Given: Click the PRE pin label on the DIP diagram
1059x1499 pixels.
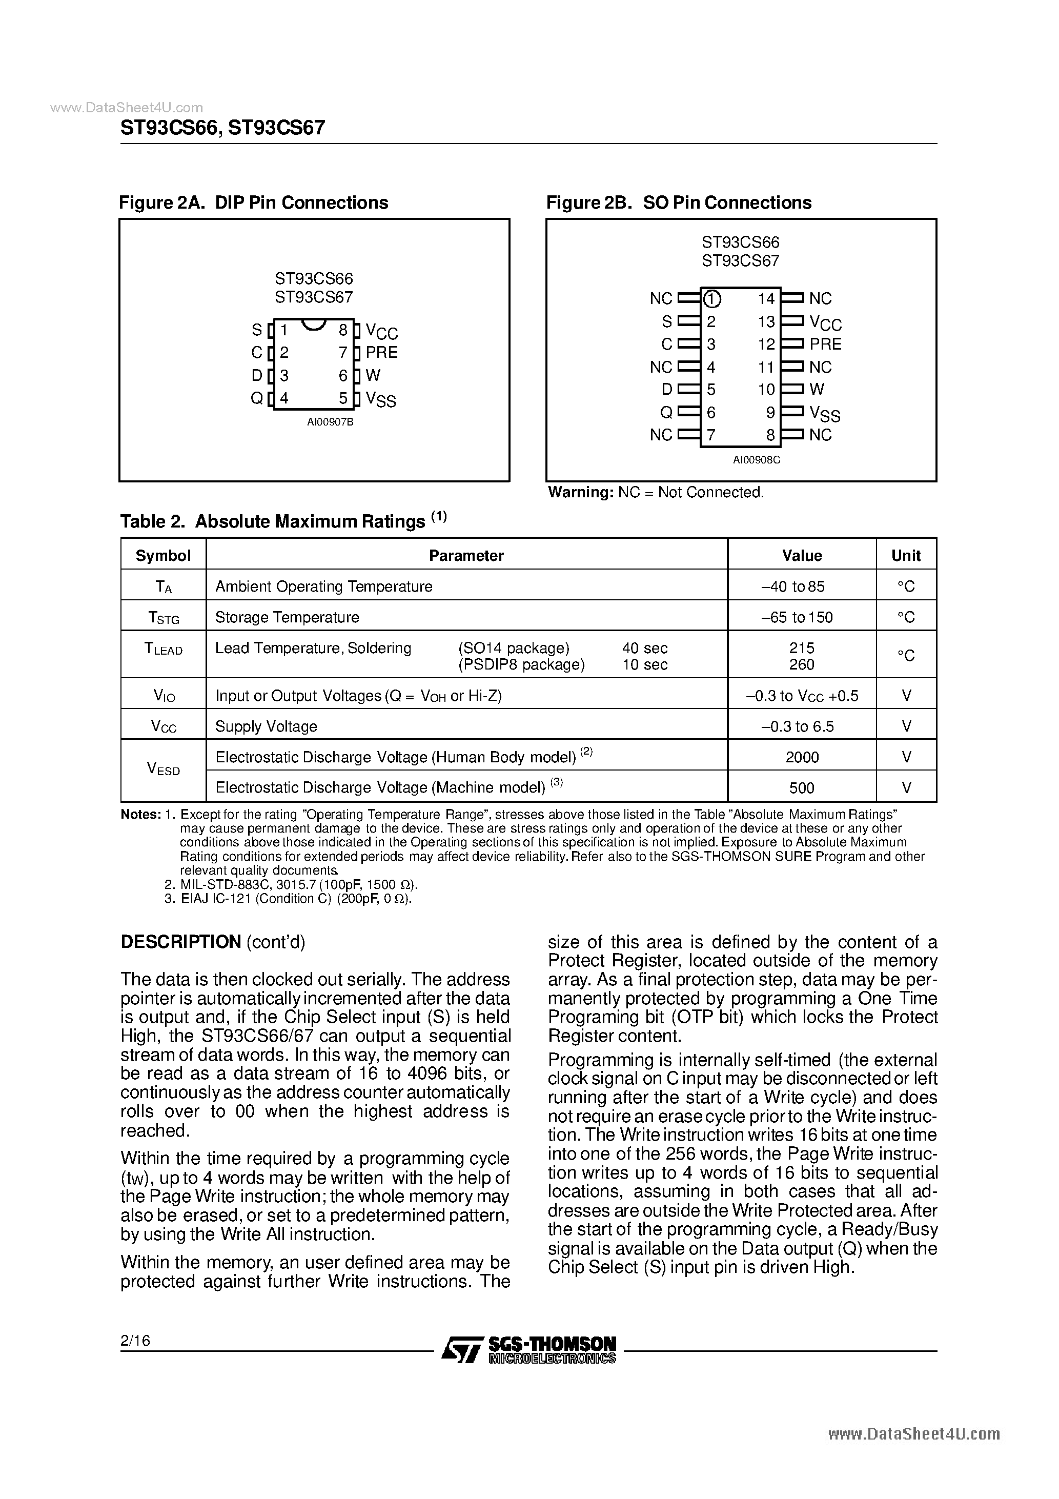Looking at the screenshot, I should point(381,353).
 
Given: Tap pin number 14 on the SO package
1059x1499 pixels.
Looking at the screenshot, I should point(766,299).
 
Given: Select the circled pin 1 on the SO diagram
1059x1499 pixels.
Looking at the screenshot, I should point(711,299).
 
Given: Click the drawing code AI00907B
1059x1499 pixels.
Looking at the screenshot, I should point(331,422).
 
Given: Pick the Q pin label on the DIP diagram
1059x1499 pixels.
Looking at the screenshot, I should point(257,398).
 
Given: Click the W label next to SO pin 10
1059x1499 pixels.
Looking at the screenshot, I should point(817,389).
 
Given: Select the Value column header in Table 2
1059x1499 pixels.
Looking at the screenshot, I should point(802,556).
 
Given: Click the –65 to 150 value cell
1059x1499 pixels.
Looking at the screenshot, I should point(797,617).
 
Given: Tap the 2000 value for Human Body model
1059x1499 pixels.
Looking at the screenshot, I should point(802,757).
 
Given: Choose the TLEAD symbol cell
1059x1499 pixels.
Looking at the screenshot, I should point(163,649).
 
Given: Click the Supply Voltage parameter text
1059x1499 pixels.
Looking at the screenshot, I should point(267,726).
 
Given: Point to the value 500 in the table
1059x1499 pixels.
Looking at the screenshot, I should point(802,788).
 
